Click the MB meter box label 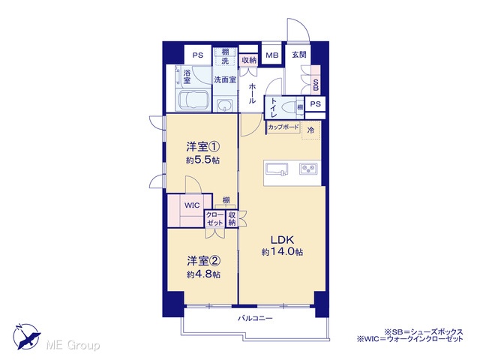click(271, 55)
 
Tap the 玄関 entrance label click(299, 55)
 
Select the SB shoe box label click(316, 85)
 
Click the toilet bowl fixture click(289, 107)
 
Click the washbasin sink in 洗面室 click(225, 106)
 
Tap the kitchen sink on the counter click(277, 169)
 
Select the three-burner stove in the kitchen click(308, 169)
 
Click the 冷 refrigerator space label click(310, 130)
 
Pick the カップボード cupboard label click(283, 127)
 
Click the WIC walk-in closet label click(192, 205)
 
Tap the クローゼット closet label click(215, 218)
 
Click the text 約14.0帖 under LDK click(282, 252)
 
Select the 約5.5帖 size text click(202, 160)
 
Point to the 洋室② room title click(203, 261)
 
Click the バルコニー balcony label click(255, 319)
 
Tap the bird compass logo click(26, 336)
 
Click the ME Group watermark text click(73, 346)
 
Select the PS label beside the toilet click(315, 103)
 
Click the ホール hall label click(252, 93)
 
